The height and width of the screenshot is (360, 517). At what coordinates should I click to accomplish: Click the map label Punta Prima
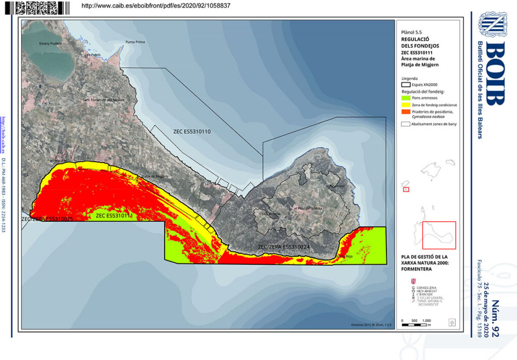click(x=135, y=42)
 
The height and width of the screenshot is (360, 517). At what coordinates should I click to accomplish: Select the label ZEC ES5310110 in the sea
click(x=192, y=131)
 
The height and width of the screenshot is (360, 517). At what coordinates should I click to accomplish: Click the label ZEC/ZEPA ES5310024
click(x=283, y=247)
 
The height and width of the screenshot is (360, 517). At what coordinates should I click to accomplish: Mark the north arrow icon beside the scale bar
click(x=452, y=322)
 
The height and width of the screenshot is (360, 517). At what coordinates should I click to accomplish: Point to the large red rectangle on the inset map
click(x=439, y=235)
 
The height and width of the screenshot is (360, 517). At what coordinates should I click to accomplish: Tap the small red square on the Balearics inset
click(x=406, y=190)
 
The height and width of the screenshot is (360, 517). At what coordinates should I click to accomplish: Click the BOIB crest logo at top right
click(x=493, y=24)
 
